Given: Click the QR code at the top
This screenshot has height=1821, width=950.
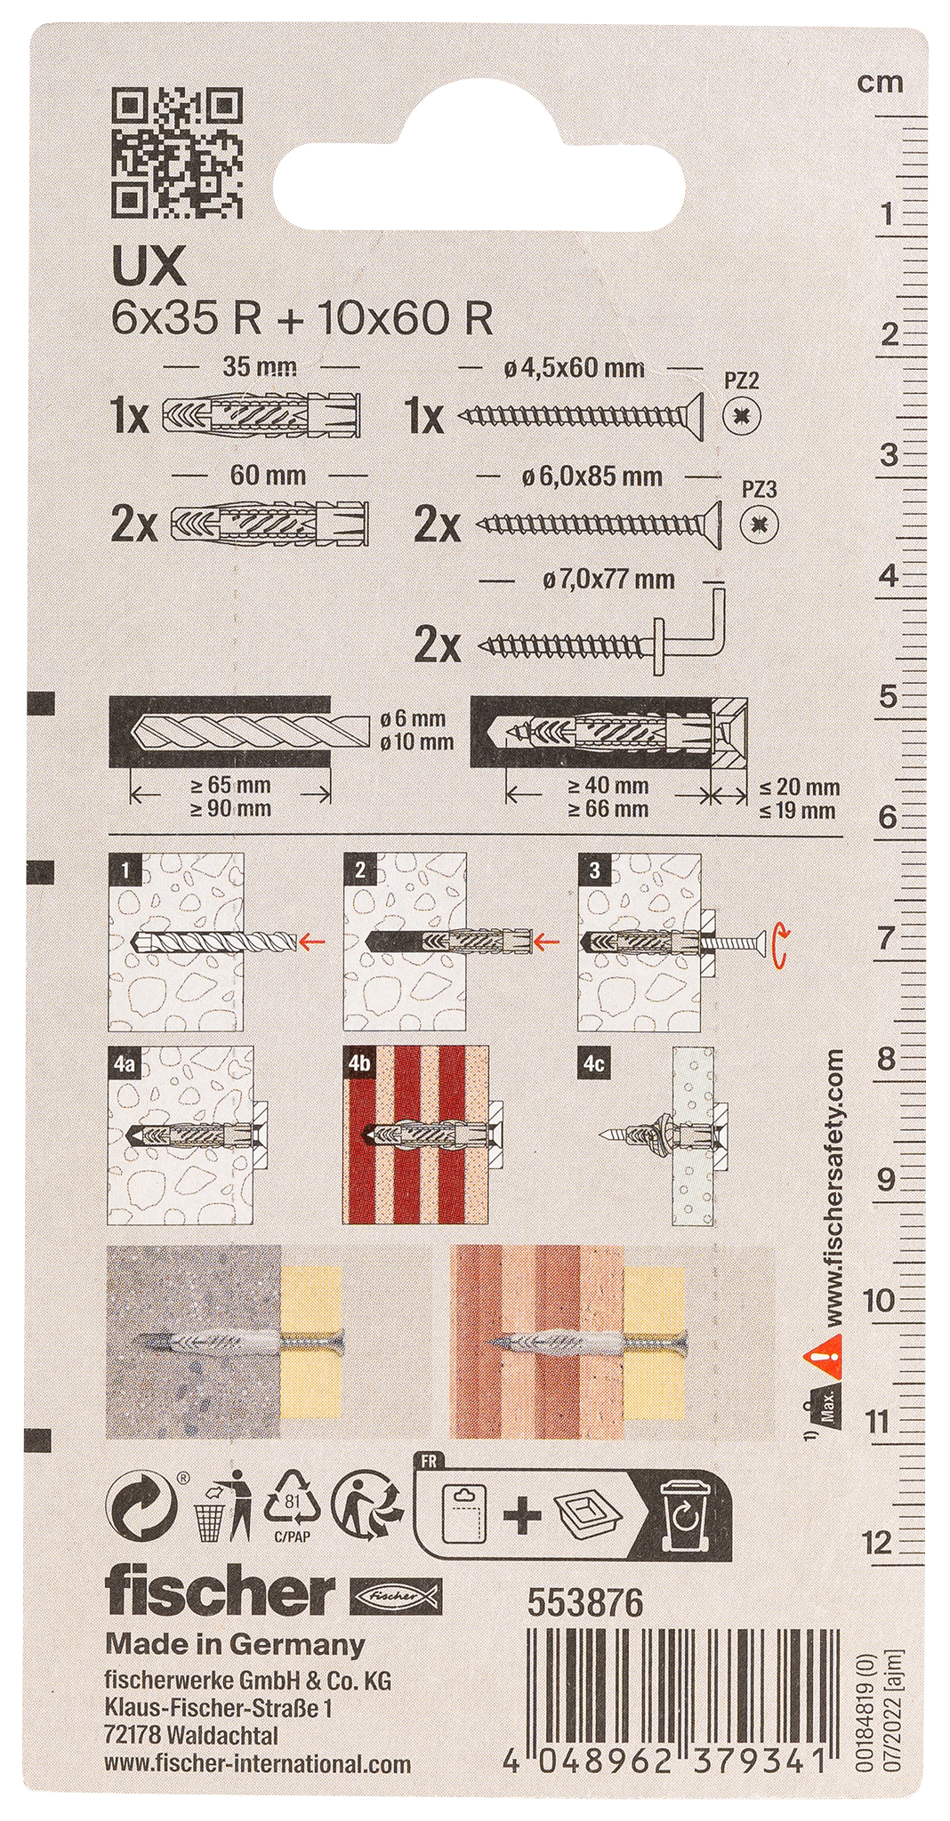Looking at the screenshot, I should coord(176,153).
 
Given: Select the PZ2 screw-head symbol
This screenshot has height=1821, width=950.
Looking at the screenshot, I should coord(741,414).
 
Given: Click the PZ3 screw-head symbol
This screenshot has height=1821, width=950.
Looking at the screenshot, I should coord(759,525).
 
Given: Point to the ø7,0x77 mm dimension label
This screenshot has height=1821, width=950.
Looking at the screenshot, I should coord(608,580).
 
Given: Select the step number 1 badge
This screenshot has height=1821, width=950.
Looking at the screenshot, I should coord(125,870).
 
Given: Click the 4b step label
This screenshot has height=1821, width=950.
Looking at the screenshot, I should coord(359,1063).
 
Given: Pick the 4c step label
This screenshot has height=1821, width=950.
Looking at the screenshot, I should coord(594,1063).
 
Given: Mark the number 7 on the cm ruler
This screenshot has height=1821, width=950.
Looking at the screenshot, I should coord(885,938).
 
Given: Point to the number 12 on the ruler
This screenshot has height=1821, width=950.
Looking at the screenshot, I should coord(877,1542).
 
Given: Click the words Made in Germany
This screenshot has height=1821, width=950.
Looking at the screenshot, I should coord(235,1644).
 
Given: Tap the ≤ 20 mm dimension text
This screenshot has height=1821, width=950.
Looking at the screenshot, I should coord(800,787).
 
